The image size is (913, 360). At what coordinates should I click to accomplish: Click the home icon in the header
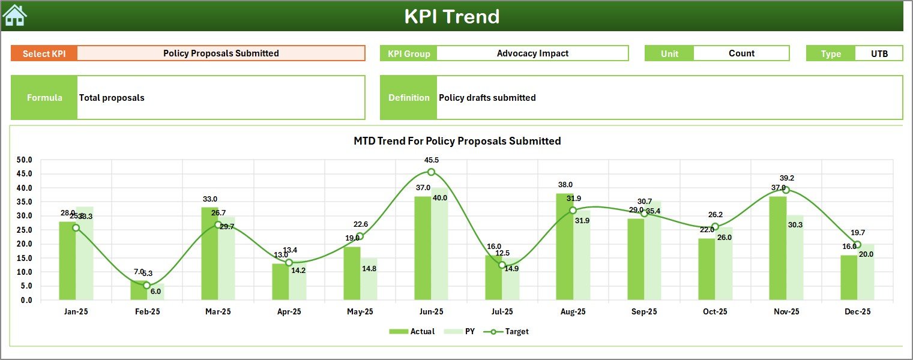15,16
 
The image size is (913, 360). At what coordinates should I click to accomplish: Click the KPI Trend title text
451,16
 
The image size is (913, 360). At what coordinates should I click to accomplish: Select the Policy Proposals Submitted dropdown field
221,53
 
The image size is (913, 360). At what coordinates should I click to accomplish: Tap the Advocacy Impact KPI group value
532,53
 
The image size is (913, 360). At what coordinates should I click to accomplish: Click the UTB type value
879,53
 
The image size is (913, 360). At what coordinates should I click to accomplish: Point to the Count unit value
741,53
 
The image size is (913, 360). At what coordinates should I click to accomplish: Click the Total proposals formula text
112,98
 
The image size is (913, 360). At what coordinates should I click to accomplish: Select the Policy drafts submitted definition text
487,98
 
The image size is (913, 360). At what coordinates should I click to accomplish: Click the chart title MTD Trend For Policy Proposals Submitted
457,141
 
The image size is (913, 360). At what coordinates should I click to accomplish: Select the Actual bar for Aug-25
564,247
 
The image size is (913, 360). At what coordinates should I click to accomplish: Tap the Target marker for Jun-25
431,172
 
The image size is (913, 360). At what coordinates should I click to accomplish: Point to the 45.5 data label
431,160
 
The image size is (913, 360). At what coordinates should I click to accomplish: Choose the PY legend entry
462,331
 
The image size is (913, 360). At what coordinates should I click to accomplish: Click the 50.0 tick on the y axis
25,160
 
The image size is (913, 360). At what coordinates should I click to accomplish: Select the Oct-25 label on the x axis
715,312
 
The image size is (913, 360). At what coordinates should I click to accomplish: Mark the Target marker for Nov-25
786,190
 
